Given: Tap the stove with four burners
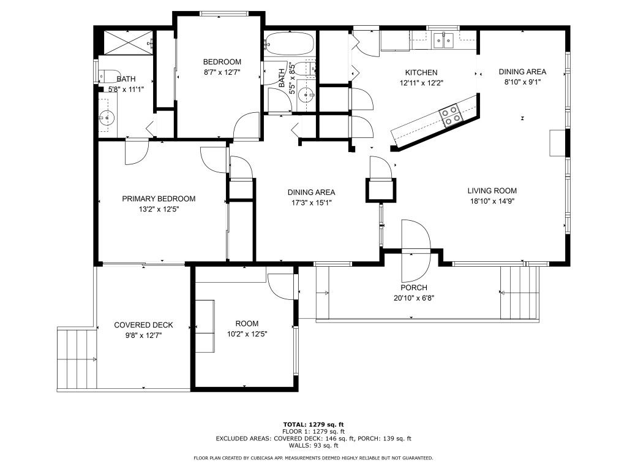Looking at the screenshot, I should [x=451, y=115].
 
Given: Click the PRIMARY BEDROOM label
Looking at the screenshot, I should [x=159, y=199].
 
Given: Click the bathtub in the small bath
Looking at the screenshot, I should [x=290, y=44].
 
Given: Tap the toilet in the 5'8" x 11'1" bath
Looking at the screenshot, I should [x=108, y=76].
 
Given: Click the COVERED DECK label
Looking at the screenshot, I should [x=143, y=325].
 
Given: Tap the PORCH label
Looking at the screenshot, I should [x=414, y=288].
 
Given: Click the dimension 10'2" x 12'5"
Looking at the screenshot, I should [x=247, y=334].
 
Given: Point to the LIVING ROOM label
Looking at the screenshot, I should [x=492, y=191].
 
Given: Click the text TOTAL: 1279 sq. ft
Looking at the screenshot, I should [x=313, y=424].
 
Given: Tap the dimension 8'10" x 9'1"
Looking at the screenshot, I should [x=522, y=81].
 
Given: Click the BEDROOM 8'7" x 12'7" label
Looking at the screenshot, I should [x=222, y=62].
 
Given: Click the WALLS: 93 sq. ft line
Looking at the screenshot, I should [x=313, y=446].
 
